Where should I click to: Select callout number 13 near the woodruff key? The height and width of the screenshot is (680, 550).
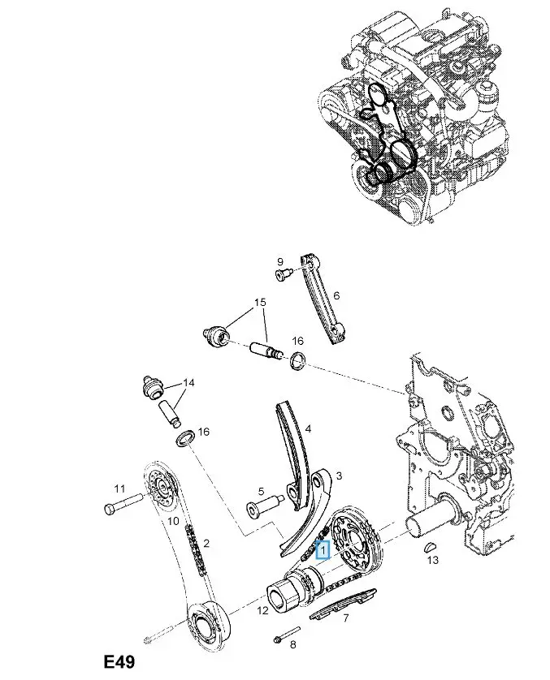pyautogui.click(x=432, y=560)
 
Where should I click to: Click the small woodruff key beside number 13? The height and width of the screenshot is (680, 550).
pyautogui.click(x=431, y=545)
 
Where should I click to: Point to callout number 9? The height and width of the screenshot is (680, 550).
pyautogui.click(x=279, y=261)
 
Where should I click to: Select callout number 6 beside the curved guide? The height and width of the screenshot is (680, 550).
pyautogui.click(x=336, y=298)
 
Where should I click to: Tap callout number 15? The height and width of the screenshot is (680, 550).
pyautogui.click(x=260, y=303)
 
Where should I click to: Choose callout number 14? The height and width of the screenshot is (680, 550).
pyautogui.click(x=188, y=382)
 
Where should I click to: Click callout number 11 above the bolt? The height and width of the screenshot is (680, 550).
pyautogui.click(x=119, y=488)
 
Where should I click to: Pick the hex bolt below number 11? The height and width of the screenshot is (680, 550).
pyautogui.click(x=113, y=509)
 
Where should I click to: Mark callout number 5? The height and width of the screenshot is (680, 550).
pyautogui.click(x=261, y=491)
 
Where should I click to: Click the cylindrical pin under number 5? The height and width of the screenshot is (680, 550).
pyautogui.click(x=259, y=510)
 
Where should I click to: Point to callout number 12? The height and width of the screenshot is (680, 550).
pyautogui.click(x=262, y=611)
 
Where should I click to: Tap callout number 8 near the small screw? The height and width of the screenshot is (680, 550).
pyautogui.click(x=293, y=644)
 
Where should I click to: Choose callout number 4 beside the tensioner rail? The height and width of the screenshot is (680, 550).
pyautogui.click(x=308, y=428)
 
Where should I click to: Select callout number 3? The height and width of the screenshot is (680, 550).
pyautogui.click(x=338, y=476)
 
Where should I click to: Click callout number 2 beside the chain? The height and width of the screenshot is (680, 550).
pyautogui.click(x=206, y=543)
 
